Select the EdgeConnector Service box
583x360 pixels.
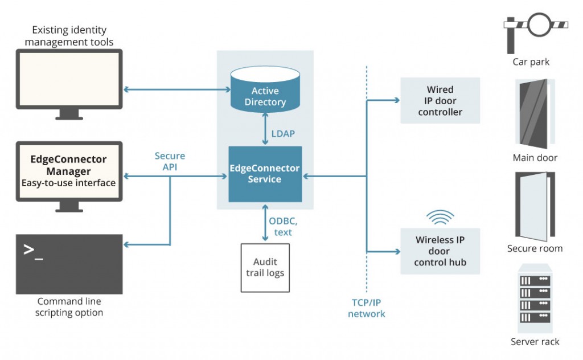coord(265,174)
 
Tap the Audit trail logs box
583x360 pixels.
coord(265,267)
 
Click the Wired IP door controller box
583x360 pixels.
coord(440,101)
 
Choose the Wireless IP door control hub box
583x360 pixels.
coord(440,251)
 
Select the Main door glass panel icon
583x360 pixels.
coord(535,113)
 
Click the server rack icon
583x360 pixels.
coord(535,299)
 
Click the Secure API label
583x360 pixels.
coord(170,161)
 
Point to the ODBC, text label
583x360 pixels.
coord(283,227)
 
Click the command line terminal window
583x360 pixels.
coord(69,264)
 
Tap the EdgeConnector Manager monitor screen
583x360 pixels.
coord(69,171)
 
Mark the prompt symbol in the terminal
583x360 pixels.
coord(33,251)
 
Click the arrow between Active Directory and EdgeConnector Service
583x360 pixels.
coord(265,129)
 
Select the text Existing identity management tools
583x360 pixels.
coord(69,36)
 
